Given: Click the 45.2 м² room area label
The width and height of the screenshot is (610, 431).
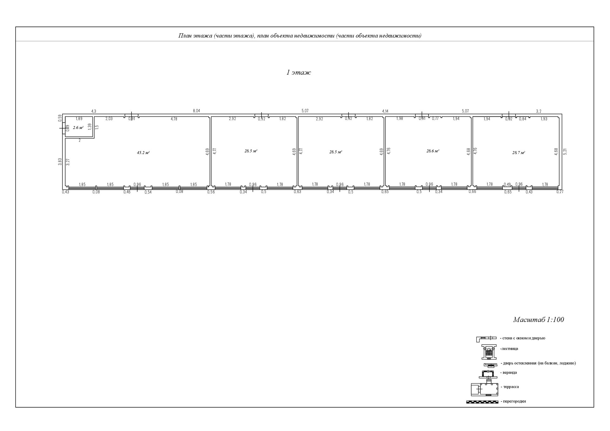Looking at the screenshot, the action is pyautogui.click(x=143, y=153).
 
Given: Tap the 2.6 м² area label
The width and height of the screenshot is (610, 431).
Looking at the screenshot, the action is pyautogui.click(x=78, y=128).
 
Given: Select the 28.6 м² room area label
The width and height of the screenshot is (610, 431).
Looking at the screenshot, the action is pyautogui.click(x=433, y=151).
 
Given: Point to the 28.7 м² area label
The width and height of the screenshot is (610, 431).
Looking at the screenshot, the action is pyautogui.click(x=518, y=153).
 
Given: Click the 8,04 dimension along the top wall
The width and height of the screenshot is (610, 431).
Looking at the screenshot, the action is pyautogui.click(x=197, y=111).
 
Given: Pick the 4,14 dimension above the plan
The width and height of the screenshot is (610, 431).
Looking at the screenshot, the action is pyautogui.click(x=385, y=111).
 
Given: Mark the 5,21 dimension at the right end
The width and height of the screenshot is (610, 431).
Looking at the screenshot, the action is pyautogui.click(x=565, y=152).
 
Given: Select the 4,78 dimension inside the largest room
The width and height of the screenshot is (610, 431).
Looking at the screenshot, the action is pyautogui.click(x=174, y=119).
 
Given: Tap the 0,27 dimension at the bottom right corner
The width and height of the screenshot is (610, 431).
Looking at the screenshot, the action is pyautogui.click(x=560, y=192).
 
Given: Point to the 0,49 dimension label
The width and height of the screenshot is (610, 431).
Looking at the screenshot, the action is pyautogui.click(x=507, y=185).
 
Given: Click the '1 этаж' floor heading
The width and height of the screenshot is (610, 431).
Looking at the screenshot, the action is pyautogui.click(x=299, y=73).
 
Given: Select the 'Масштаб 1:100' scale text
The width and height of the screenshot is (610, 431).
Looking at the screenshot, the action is pyautogui.click(x=539, y=320).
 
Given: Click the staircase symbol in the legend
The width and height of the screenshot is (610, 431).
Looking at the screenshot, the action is pyautogui.click(x=489, y=352).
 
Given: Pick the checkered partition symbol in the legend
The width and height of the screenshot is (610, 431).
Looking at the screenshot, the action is pyautogui.click(x=482, y=402).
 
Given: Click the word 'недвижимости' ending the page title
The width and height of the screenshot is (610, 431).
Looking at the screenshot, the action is pyautogui.click(x=403, y=36).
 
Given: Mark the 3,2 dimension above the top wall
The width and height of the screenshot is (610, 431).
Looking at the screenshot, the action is pyautogui.click(x=539, y=111).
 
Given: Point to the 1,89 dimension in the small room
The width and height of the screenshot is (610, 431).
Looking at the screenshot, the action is pyautogui.click(x=79, y=119).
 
